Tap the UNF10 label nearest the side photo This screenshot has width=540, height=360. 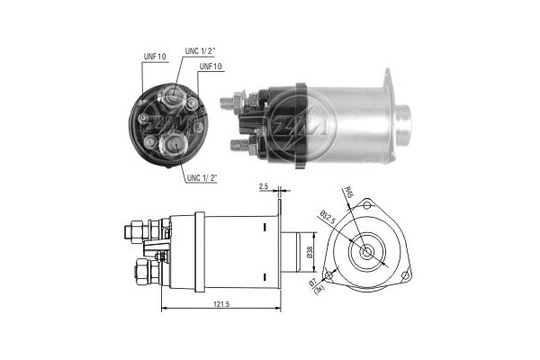pos(211,67)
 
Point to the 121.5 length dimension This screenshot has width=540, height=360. pos(220,306)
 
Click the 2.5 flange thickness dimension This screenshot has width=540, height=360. pos(263,186)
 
